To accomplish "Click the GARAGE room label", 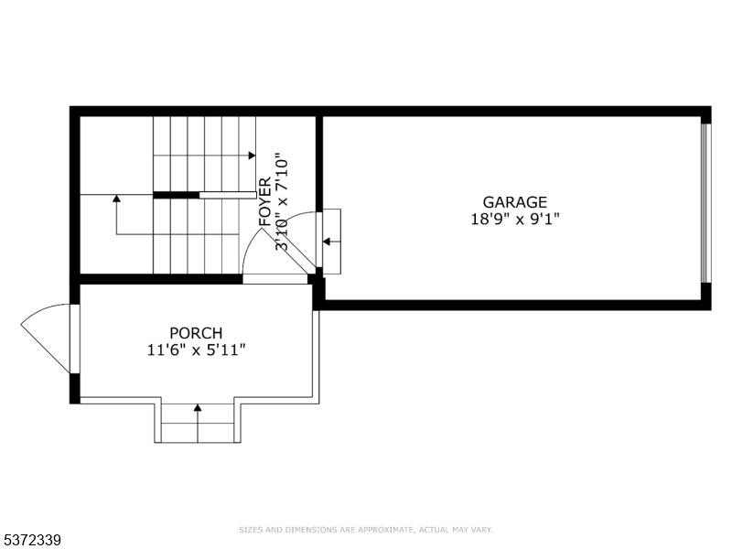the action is [514, 201].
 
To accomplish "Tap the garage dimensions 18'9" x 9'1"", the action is [515, 219].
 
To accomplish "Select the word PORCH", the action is [196, 333].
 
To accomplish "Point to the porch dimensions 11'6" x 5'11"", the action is [197, 350].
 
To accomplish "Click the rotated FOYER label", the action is [264, 201].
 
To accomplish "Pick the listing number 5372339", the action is [30, 540].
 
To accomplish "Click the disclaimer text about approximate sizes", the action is [366, 530].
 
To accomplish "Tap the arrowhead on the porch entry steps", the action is [198, 407].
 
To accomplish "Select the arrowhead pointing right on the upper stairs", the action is [253, 155].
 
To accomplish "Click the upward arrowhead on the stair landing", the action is [117, 198].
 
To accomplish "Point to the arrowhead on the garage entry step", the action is [327, 242].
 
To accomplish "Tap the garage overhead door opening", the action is [705, 203].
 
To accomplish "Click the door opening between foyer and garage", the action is [319, 240].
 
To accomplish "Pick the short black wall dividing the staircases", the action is [176, 195].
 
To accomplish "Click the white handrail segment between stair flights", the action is [228, 195].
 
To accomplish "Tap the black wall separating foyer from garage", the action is [319, 164].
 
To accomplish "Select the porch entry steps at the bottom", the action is [198, 423].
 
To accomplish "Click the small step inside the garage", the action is [331, 242].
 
